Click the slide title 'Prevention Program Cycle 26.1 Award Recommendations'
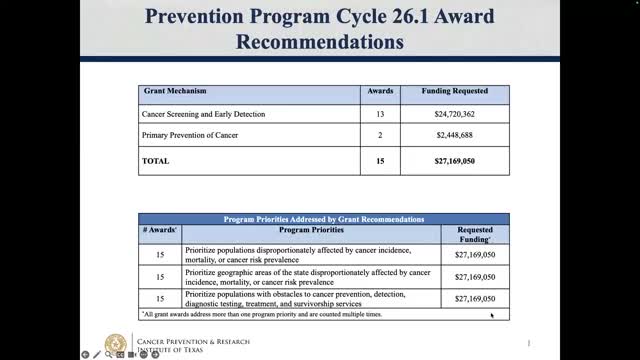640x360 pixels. pos(320,29)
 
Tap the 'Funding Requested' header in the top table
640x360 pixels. pos(455,91)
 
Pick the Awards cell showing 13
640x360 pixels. pos(380,115)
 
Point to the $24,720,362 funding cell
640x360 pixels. pos(455,115)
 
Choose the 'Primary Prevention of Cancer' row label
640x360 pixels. pos(189,135)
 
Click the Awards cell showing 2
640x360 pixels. pos(380,135)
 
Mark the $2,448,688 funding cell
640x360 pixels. pos(455,135)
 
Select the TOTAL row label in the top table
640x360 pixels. pos(156,160)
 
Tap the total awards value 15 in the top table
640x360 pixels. pos(380,160)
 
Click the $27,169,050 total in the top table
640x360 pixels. pos(455,160)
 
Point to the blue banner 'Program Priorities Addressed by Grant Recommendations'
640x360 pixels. pos(324,218)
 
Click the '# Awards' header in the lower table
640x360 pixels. pos(159,229)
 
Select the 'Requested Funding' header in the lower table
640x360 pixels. pos(475,233)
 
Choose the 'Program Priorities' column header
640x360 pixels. pos(310,229)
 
